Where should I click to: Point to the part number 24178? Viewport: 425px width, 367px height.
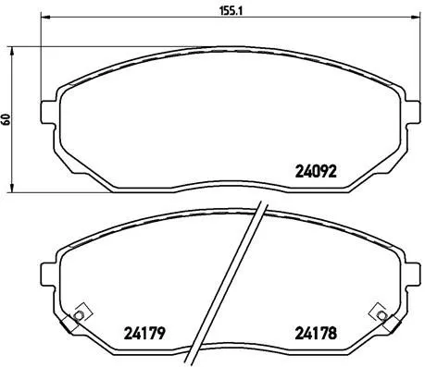point(314,334)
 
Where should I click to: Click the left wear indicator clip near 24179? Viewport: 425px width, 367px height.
point(79,314)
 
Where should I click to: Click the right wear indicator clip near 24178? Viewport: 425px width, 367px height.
point(377,314)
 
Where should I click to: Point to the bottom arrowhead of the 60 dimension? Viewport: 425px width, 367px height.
point(14,190)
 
